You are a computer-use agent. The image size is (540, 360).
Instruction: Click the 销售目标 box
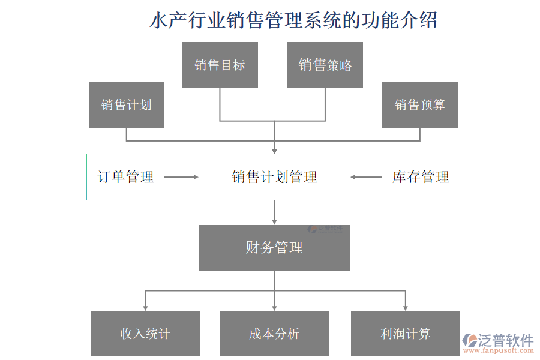pos(220,65)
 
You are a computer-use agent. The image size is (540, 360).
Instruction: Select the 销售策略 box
pos(325,65)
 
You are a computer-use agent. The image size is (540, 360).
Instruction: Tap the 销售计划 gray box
pos(126,105)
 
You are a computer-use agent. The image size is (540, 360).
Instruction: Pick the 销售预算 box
pos(419,105)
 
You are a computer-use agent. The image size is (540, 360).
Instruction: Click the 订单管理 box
pos(125,177)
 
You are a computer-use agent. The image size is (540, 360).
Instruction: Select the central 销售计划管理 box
pos(274,177)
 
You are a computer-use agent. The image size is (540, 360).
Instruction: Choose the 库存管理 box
pos(421,177)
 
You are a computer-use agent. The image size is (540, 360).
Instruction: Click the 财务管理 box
pos(274,247)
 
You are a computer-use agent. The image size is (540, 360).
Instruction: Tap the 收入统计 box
pos(145,334)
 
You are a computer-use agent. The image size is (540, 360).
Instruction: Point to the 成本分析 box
pos(274,334)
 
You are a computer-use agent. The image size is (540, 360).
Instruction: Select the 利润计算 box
pos(405,334)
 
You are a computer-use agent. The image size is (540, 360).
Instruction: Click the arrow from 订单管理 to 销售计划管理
pos(181,177)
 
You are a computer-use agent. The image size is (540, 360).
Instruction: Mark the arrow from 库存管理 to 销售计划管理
pos(366,177)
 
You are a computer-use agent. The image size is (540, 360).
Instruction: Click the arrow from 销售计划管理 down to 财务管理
pos(274,212)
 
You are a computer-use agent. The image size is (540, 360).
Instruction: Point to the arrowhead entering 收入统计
pos(145,307)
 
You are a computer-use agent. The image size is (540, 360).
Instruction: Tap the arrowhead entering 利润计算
pos(405,307)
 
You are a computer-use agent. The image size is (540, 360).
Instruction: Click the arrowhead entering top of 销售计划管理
pos(274,150)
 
